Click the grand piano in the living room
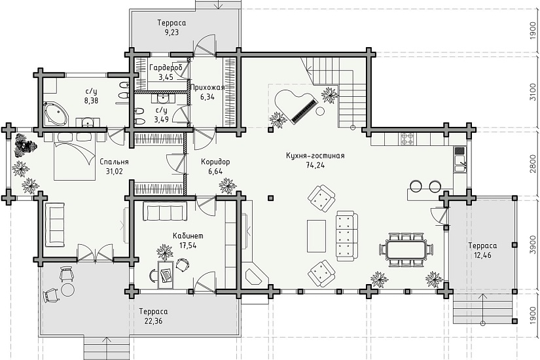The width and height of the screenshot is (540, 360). (x=295, y=105)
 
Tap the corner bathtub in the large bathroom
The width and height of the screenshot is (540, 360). (x=55, y=114)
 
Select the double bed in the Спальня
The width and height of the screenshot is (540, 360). (x=75, y=156)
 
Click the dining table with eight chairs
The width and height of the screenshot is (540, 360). (x=406, y=250)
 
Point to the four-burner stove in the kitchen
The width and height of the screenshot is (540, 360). (x=408, y=139)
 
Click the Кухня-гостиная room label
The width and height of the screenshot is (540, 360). (x=315, y=156)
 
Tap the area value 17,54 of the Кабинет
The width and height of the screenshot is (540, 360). (x=188, y=245)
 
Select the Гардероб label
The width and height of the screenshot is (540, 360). (x=166, y=68)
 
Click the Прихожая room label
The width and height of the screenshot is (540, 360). (x=207, y=88)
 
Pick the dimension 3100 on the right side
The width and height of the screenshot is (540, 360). (x=532, y=92)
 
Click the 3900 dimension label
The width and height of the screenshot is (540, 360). (x=532, y=244)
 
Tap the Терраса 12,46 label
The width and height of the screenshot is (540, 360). (x=482, y=251)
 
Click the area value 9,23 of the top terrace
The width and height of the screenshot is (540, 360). (x=171, y=32)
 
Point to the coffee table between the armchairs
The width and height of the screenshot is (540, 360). (x=316, y=236)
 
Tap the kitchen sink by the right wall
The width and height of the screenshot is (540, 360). (x=459, y=163)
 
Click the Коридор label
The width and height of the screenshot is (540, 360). (x=215, y=162)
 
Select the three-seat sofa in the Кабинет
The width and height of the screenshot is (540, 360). (x=163, y=211)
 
